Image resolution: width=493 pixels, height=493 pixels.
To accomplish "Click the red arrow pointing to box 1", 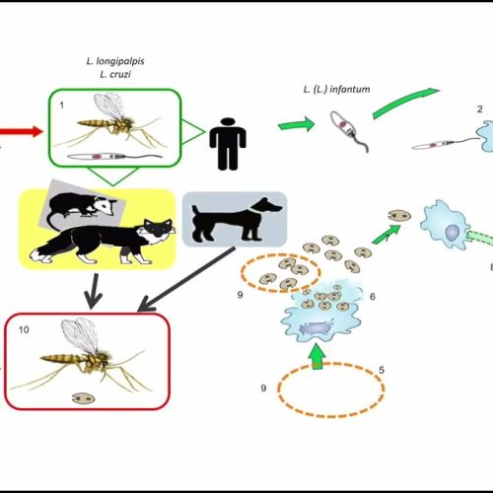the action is pos(21,131).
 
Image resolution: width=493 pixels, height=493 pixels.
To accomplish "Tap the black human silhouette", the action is pos(228,144).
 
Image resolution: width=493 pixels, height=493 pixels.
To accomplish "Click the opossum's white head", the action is pos(105,206).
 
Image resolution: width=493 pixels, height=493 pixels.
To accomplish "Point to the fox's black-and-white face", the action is pos(158,230).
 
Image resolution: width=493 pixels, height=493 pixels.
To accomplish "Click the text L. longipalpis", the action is pos(115,61).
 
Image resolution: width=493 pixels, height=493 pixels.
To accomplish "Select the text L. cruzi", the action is pos(115,74).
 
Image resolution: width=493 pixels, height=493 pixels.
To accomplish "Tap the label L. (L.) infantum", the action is pos(336,90).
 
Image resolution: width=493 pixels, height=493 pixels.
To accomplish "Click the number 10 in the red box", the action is pos(24,329).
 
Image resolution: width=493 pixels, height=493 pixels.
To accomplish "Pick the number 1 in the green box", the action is pos(62,106).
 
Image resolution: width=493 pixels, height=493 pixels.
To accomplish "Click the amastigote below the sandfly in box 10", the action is pos(84,398).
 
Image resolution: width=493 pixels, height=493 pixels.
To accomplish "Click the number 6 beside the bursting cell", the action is pos(373,297).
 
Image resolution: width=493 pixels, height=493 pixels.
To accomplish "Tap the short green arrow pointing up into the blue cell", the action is pos(317,357).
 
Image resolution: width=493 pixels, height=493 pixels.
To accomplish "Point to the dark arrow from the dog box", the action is pos(186,279).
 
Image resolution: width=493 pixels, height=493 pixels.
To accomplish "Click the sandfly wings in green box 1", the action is pos(109,106).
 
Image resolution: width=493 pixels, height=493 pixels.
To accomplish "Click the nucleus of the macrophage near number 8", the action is pos(453,232).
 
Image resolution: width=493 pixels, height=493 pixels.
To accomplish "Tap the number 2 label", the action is pos(480,109).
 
